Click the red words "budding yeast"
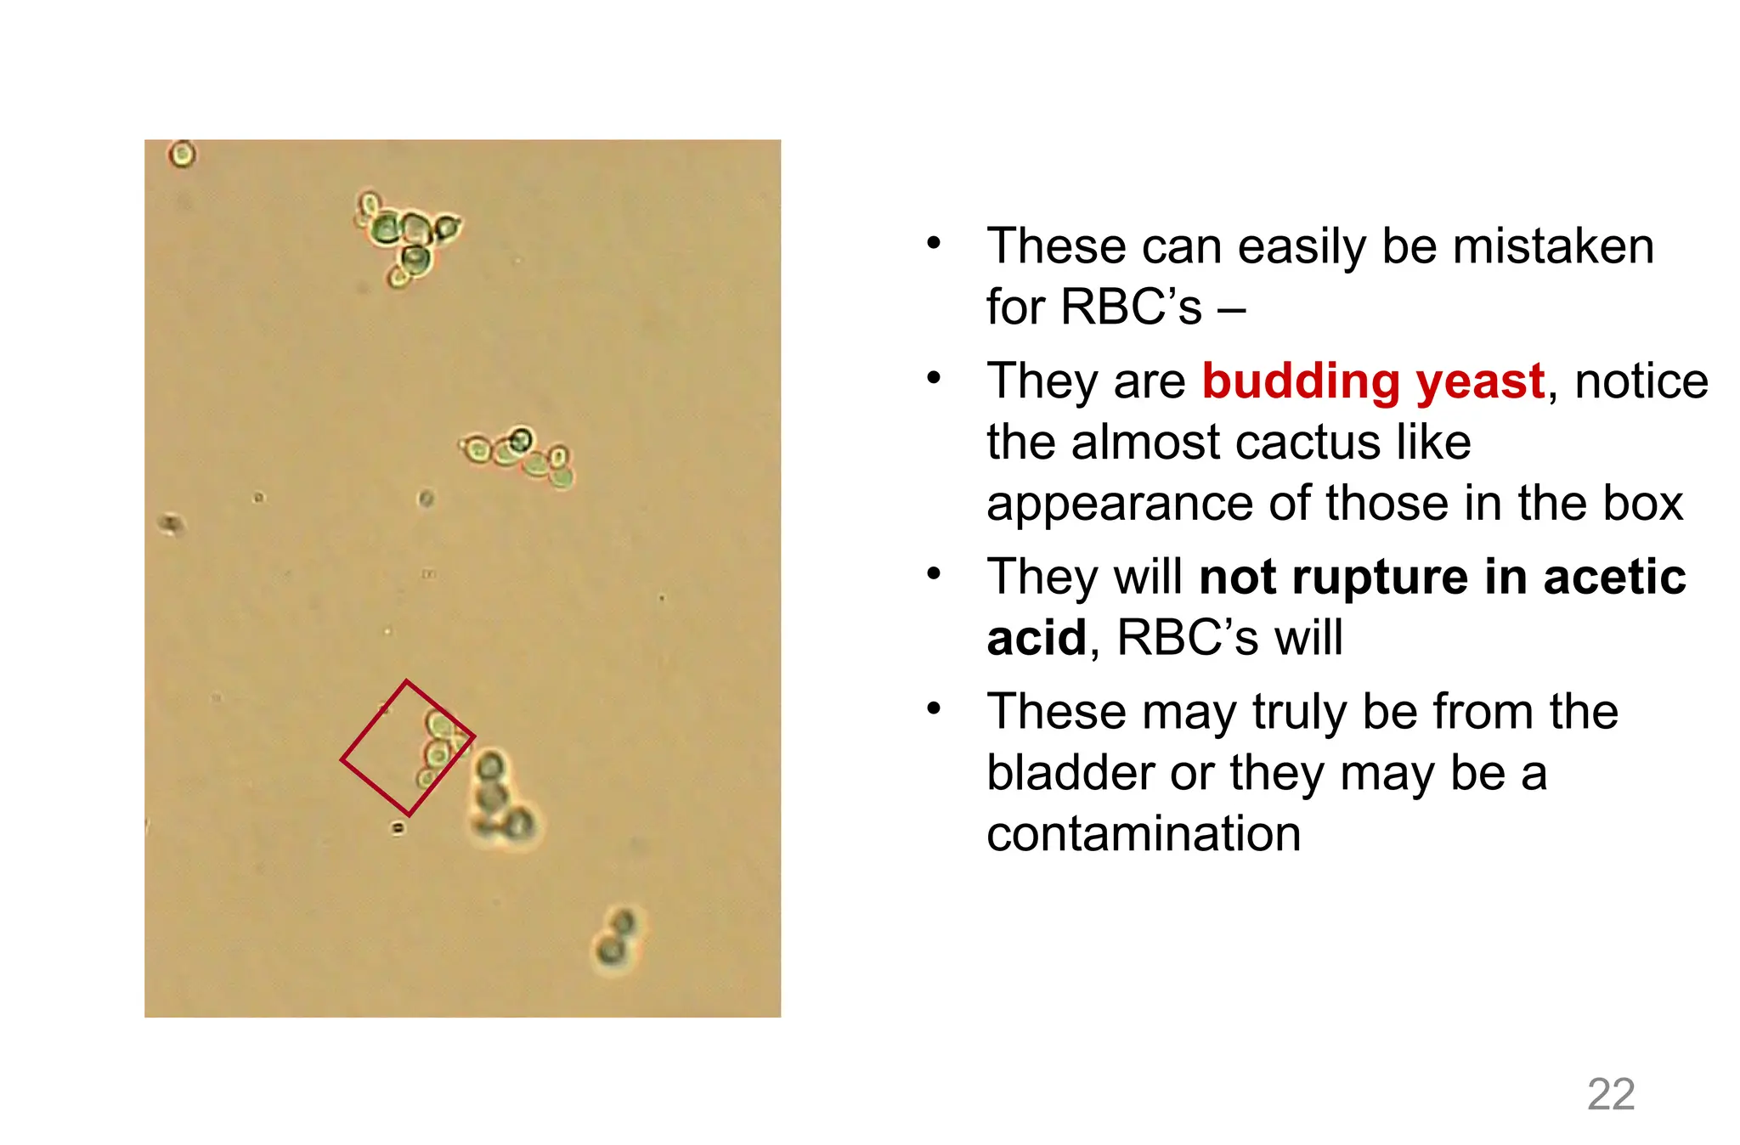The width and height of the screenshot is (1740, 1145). [1372, 381]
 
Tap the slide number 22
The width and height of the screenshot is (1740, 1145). [1611, 1094]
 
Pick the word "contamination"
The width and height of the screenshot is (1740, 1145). [1144, 833]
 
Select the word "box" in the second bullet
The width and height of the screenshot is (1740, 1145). [1642, 503]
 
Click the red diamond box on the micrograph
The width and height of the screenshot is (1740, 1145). [407, 747]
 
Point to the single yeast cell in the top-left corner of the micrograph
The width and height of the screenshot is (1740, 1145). [182, 155]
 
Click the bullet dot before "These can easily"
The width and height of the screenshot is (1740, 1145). [934, 244]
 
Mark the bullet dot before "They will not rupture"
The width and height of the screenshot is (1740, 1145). [934, 574]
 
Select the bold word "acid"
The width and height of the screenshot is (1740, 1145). [1037, 638]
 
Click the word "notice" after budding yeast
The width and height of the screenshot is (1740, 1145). [1641, 381]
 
